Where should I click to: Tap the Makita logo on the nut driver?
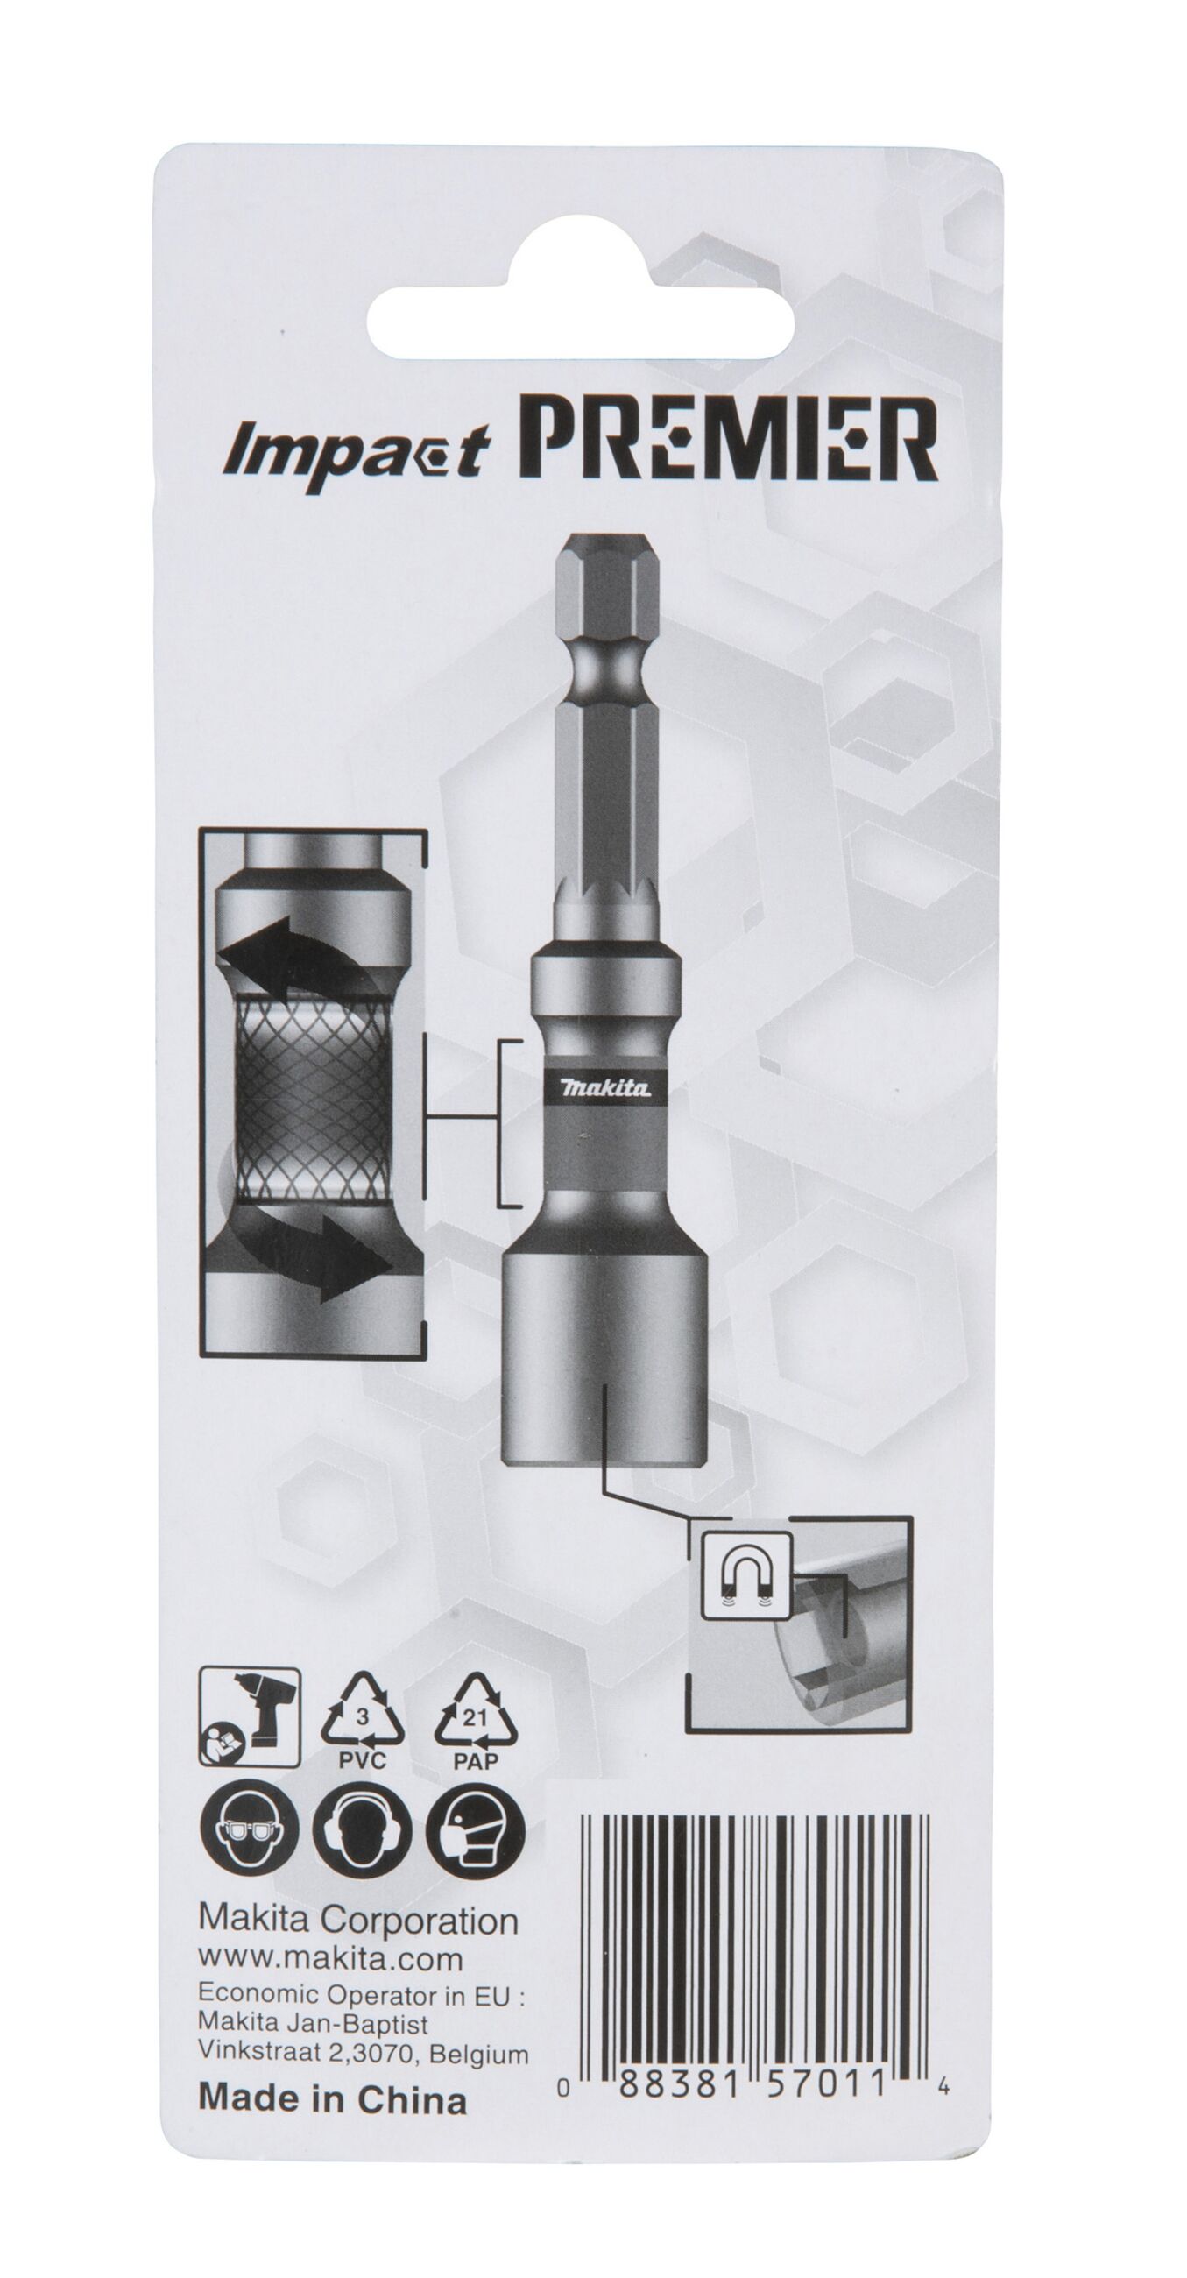pyautogui.click(x=606, y=1087)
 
